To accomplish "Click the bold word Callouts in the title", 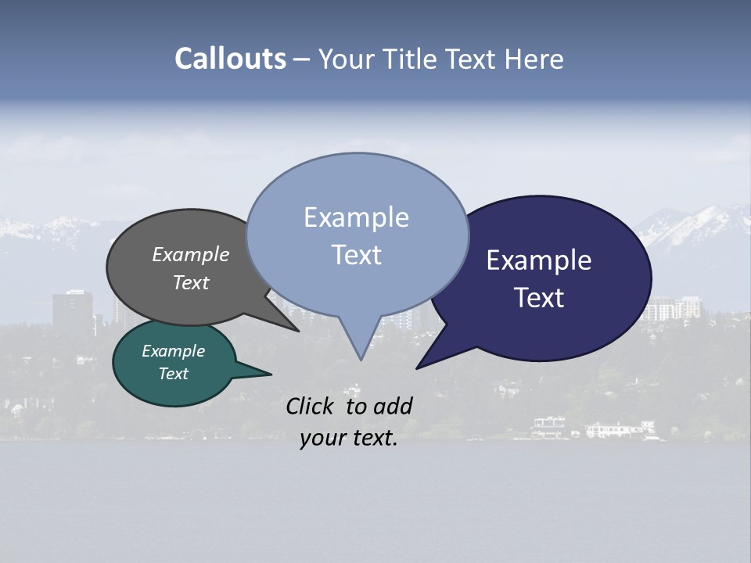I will (231, 59).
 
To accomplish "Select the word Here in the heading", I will (532, 59).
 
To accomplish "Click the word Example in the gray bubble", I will (191, 254).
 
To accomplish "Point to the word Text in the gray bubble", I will (191, 282).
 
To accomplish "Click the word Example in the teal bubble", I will (174, 351).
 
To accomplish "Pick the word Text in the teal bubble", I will (174, 374).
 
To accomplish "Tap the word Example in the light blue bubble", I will (356, 217).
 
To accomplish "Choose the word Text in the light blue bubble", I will (357, 255).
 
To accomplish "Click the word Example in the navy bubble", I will (539, 260).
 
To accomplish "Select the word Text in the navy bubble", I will (540, 298).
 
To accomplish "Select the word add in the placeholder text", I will (393, 406).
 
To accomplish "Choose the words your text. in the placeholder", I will (349, 439).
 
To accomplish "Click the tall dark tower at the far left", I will (72, 311).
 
